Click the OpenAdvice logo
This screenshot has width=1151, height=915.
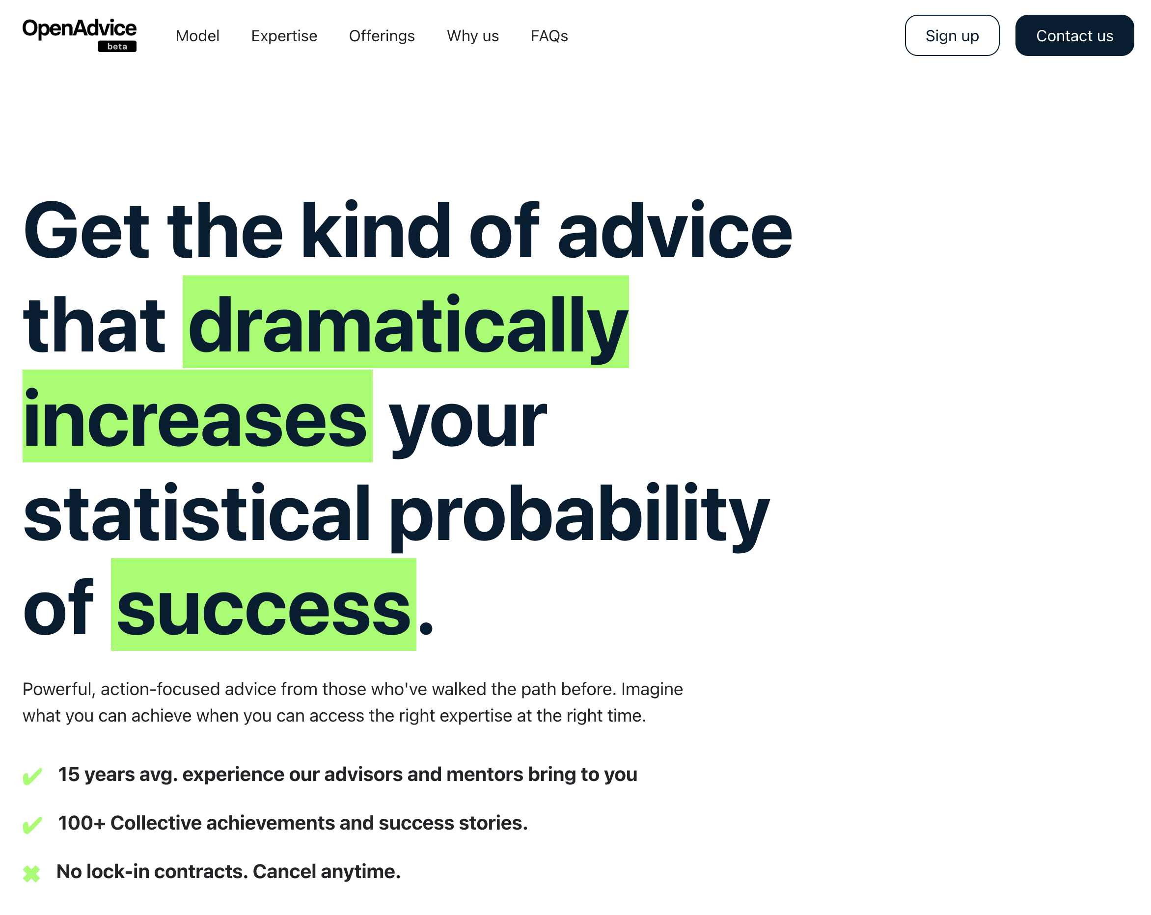pyautogui.click(x=79, y=35)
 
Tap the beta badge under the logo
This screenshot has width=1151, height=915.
pyautogui.click(x=117, y=47)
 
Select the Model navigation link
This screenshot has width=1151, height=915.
pyautogui.click(x=197, y=36)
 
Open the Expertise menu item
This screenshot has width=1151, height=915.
pyautogui.click(x=284, y=36)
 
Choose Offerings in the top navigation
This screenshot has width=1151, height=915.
pyautogui.click(x=382, y=36)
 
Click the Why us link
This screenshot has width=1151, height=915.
pyautogui.click(x=472, y=36)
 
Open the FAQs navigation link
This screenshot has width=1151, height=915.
pyautogui.click(x=549, y=36)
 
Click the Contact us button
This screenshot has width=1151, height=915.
pyautogui.click(x=1074, y=35)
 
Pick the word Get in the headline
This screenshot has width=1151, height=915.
pyautogui.click(x=85, y=231)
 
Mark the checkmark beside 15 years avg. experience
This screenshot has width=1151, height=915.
pyautogui.click(x=32, y=777)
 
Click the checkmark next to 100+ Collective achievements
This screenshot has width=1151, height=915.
pyautogui.click(x=32, y=825)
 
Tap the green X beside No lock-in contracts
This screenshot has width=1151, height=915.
pyautogui.click(x=31, y=874)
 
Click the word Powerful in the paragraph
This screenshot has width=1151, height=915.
pyautogui.click(x=59, y=689)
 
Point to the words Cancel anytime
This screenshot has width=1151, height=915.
pyautogui.click(x=326, y=872)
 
